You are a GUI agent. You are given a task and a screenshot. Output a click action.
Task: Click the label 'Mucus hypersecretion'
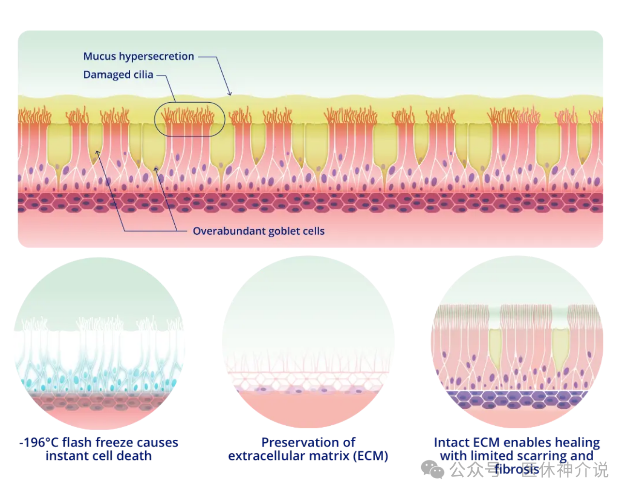point(138,56)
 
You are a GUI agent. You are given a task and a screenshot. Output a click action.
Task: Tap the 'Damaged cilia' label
point(118,75)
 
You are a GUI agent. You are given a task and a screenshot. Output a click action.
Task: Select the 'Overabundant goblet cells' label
point(259,231)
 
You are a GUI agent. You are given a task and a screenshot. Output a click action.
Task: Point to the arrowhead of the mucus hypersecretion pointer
point(230,93)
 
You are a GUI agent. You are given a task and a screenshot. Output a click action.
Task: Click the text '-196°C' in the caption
point(39,442)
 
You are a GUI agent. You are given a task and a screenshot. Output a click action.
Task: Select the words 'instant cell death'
point(98,456)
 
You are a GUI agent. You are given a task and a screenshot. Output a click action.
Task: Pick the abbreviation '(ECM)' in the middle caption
point(370,456)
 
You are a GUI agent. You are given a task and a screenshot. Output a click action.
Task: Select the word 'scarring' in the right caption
point(541,456)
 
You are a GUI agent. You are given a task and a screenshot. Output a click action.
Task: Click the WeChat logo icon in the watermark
point(432,469)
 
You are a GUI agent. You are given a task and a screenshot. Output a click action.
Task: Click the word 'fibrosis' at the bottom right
point(516,469)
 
